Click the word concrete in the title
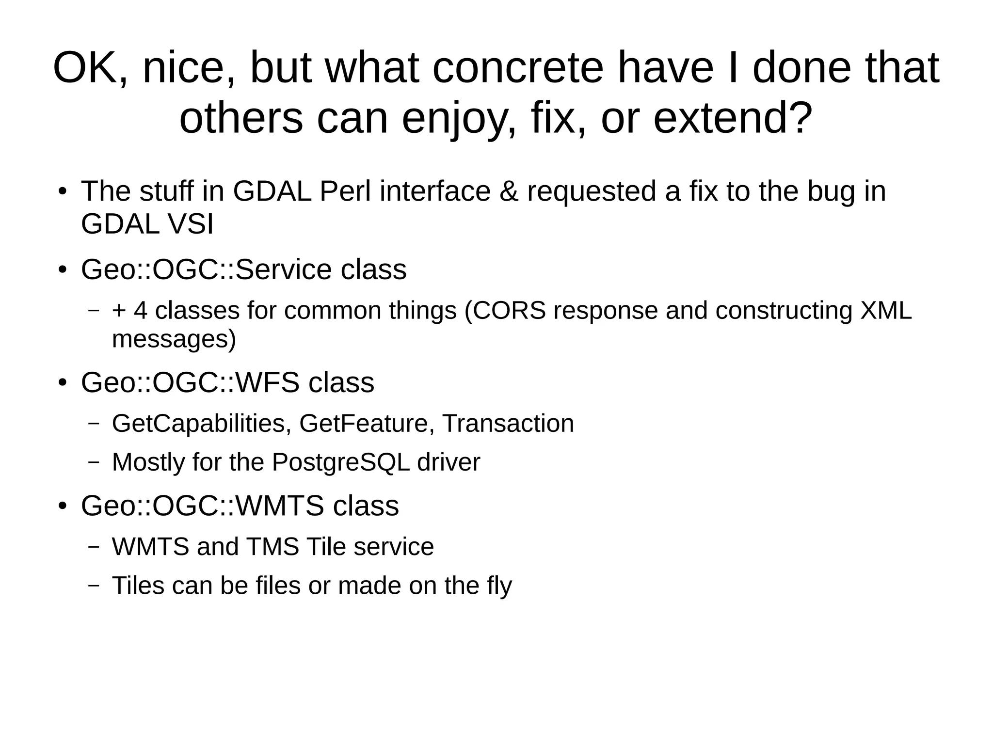[x=517, y=68]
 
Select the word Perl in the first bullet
[x=345, y=191]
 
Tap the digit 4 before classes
[x=141, y=310]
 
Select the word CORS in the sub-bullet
[x=510, y=310]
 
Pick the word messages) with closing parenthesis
[x=174, y=339]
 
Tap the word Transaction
[x=508, y=424]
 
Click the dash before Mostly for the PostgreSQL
[x=94, y=462]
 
